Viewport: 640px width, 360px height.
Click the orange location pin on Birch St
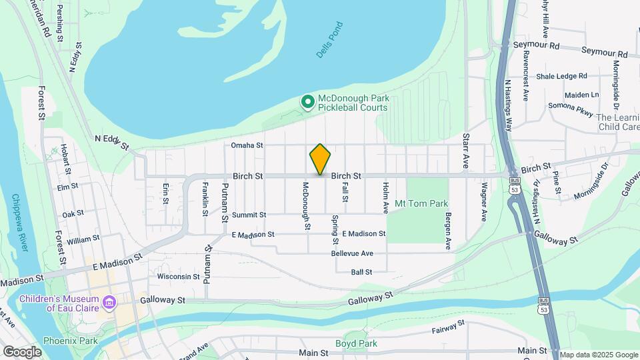[320, 159]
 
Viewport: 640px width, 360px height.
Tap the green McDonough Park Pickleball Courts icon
[307, 102]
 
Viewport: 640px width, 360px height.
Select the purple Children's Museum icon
[109, 304]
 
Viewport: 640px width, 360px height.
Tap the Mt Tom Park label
[421, 203]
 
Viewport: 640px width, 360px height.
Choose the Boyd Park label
[357, 344]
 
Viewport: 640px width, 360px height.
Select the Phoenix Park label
[70, 341]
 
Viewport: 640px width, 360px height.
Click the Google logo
[22, 351]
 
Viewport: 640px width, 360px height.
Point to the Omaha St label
[248, 145]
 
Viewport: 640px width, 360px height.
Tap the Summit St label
[249, 215]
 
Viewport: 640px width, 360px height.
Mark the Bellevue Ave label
[353, 254]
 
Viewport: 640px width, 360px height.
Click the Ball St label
[361, 272]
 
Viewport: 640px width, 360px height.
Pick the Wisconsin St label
[178, 276]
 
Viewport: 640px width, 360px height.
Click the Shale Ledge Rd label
[561, 76]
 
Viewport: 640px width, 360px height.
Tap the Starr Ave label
[466, 150]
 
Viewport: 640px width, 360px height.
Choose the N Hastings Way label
[509, 107]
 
